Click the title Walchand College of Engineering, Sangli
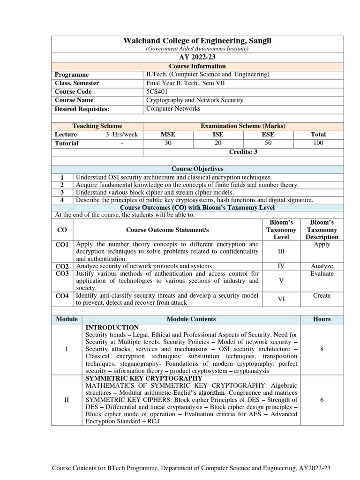point(197,41)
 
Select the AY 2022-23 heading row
point(197,57)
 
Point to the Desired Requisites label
point(82,109)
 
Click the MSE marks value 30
point(168,143)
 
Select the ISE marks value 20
point(218,143)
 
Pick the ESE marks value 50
point(268,143)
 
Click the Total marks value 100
point(318,143)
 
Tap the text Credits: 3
point(243,152)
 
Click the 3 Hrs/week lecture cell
point(121,134)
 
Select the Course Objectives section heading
point(197,169)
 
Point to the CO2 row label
point(62,266)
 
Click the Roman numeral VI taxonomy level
point(281,299)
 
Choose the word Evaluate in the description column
point(322,273)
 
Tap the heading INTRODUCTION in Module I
point(112,327)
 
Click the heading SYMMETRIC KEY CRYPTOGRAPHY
point(144,378)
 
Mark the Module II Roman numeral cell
point(67,399)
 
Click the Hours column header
point(322,319)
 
